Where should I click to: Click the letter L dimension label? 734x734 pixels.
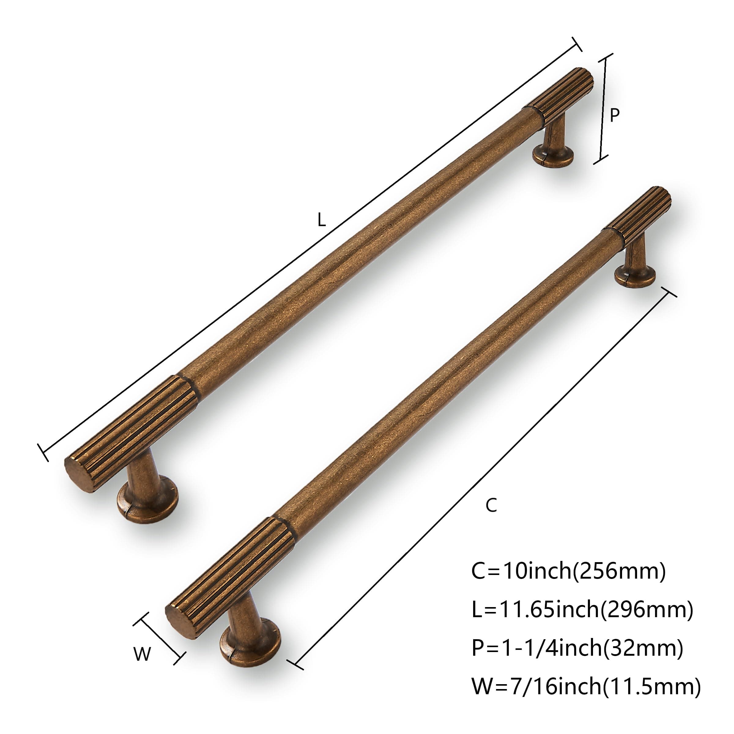321,220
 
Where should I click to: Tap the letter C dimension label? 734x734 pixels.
491,505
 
